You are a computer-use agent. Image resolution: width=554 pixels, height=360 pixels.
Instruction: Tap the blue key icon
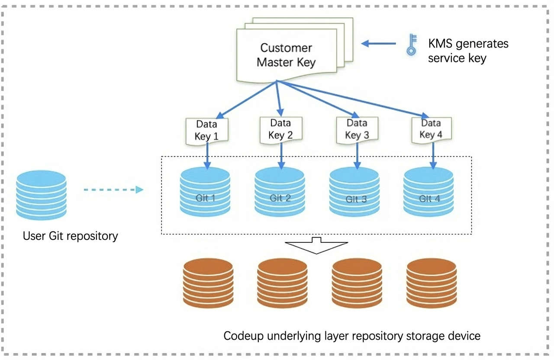click(x=412, y=45)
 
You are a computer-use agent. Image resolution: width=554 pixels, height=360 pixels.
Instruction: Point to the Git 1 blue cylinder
click(x=205, y=192)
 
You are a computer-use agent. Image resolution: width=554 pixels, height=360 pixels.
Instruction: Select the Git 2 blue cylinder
click(x=280, y=192)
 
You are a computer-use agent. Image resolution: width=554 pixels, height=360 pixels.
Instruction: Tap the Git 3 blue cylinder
click(x=354, y=192)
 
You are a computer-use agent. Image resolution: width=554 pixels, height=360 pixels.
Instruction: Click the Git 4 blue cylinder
click(x=428, y=192)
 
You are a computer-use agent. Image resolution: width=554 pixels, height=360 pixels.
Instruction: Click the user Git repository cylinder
click(x=41, y=195)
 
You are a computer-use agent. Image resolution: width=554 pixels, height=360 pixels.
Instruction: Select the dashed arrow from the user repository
click(x=113, y=190)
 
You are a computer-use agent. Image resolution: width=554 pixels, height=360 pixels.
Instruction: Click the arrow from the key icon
click(x=378, y=44)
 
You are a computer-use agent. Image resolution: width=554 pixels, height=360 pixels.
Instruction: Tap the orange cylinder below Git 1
click(x=208, y=283)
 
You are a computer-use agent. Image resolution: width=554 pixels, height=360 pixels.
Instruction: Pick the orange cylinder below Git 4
click(x=432, y=283)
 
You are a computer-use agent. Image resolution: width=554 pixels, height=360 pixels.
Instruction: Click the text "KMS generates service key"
click(x=468, y=51)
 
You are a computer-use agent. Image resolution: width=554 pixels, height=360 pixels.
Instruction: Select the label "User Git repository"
click(x=71, y=236)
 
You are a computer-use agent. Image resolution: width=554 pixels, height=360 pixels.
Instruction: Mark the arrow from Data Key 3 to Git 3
click(x=357, y=156)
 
